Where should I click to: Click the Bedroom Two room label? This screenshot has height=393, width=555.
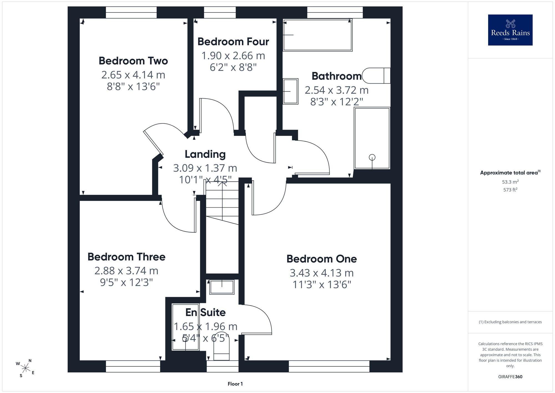pyautogui.click(x=133, y=61)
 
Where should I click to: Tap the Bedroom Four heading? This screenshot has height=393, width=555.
pyautogui.click(x=233, y=42)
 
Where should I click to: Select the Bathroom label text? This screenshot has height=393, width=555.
pyautogui.click(x=337, y=76)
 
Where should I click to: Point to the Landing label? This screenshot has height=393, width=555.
pyautogui.click(x=205, y=154)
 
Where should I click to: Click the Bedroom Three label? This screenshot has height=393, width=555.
pyautogui.click(x=126, y=257)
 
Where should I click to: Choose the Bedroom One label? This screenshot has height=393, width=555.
pyautogui.click(x=322, y=259)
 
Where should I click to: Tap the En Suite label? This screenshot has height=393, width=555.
pyautogui.click(x=205, y=312)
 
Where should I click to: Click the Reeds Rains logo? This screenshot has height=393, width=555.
pyautogui.click(x=510, y=30)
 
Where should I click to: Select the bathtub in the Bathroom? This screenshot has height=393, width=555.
pyautogui.click(x=317, y=35)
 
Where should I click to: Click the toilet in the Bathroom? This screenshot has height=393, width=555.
pyautogui.click(x=376, y=76)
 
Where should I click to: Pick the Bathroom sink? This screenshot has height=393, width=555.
pyautogui.click(x=291, y=91)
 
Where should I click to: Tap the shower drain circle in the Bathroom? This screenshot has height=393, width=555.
pyautogui.click(x=372, y=157)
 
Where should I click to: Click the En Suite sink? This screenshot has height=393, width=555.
pyautogui.click(x=222, y=287)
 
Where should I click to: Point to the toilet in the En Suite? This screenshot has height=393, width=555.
pyautogui.click(x=221, y=346)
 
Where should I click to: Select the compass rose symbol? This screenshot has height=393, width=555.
pyautogui.click(x=25, y=369)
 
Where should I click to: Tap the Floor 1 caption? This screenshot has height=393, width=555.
pyautogui.click(x=235, y=384)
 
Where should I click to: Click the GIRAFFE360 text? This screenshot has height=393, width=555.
pyautogui.click(x=510, y=377)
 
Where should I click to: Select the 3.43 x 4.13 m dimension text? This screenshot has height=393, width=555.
pyautogui.click(x=322, y=273)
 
